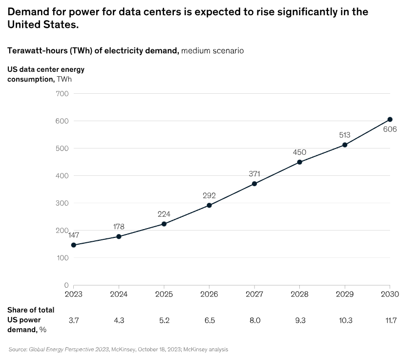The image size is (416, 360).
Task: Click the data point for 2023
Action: pyautogui.click(x=73, y=245)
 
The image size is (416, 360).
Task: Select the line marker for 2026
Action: pyautogui.click(x=209, y=205)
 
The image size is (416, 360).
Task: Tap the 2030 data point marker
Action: pyautogui.click(x=390, y=119)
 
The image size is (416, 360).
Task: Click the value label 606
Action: pyautogui.click(x=390, y=130)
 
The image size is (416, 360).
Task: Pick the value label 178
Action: pyautogui.click(x=119, y=227)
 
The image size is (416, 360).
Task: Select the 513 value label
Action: pyautogui.click(x=345, y=135)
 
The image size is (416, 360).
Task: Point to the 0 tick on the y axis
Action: pyautogui.click(x=66, y=285)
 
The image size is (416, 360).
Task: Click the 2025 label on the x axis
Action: pyautogui.click(x=164, y=294)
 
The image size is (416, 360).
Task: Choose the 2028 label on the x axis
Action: pyautogui.click(x=299, y=294)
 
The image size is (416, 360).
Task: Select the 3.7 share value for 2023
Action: pyautogui.click(x=73, y=320)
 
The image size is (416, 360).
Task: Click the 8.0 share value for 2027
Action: pyautogui.click(x=254, y=320)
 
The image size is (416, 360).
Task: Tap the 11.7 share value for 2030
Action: pyautogui.click(x=390, y=320)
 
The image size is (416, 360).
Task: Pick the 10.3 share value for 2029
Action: pyautogui.click(x=345, y=320)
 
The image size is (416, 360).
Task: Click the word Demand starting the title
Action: pyautogui.click(x=29, y=12)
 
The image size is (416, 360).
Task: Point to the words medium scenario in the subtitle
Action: pyautogui.click(x=212, y=50)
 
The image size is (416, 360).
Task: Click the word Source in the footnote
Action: pyautogui.click(x=18, y=349)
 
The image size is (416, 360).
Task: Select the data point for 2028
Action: pyautogui.click(x=299, y=162)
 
